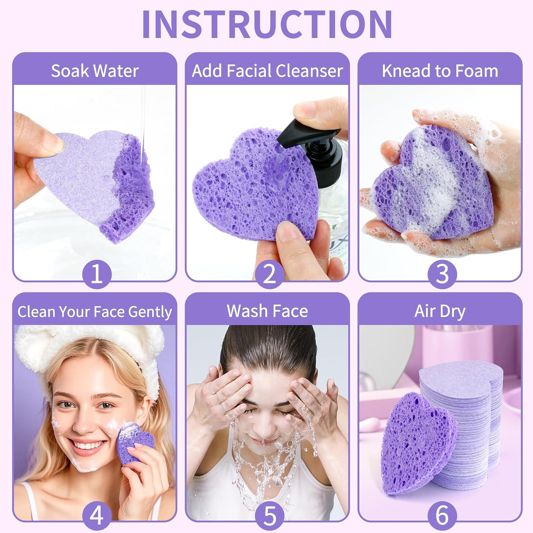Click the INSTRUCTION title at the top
267,24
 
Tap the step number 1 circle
96,274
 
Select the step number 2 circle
269,274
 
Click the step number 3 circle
442,274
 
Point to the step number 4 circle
96,515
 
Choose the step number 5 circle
269,515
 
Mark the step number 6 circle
442,515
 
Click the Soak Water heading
95,71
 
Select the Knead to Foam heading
440,71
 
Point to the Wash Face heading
267,311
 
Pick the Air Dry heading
440,311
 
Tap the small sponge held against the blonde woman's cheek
134,443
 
